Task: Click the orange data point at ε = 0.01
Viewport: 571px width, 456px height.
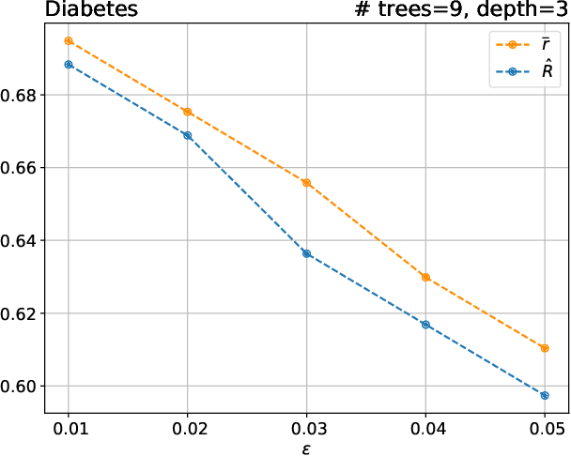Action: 69,41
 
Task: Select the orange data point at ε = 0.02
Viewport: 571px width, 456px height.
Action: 188,112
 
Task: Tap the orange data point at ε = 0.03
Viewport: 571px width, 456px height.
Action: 306,182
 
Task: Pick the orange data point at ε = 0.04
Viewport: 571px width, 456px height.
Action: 425,278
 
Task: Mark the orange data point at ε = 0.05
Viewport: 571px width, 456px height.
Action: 545,348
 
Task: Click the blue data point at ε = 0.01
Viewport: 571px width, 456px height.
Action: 69,65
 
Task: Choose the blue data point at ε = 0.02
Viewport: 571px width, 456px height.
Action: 188,135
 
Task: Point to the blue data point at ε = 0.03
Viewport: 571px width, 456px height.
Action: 306,253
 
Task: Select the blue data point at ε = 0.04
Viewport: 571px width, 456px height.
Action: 425,325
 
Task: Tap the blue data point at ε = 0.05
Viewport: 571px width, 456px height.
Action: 545,395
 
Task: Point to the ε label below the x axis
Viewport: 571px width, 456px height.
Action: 306,448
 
